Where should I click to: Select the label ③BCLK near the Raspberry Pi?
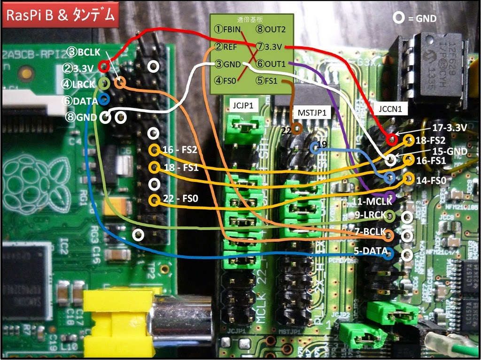click(x=83, y=52)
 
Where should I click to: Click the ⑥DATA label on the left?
click(x=78, y=100)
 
